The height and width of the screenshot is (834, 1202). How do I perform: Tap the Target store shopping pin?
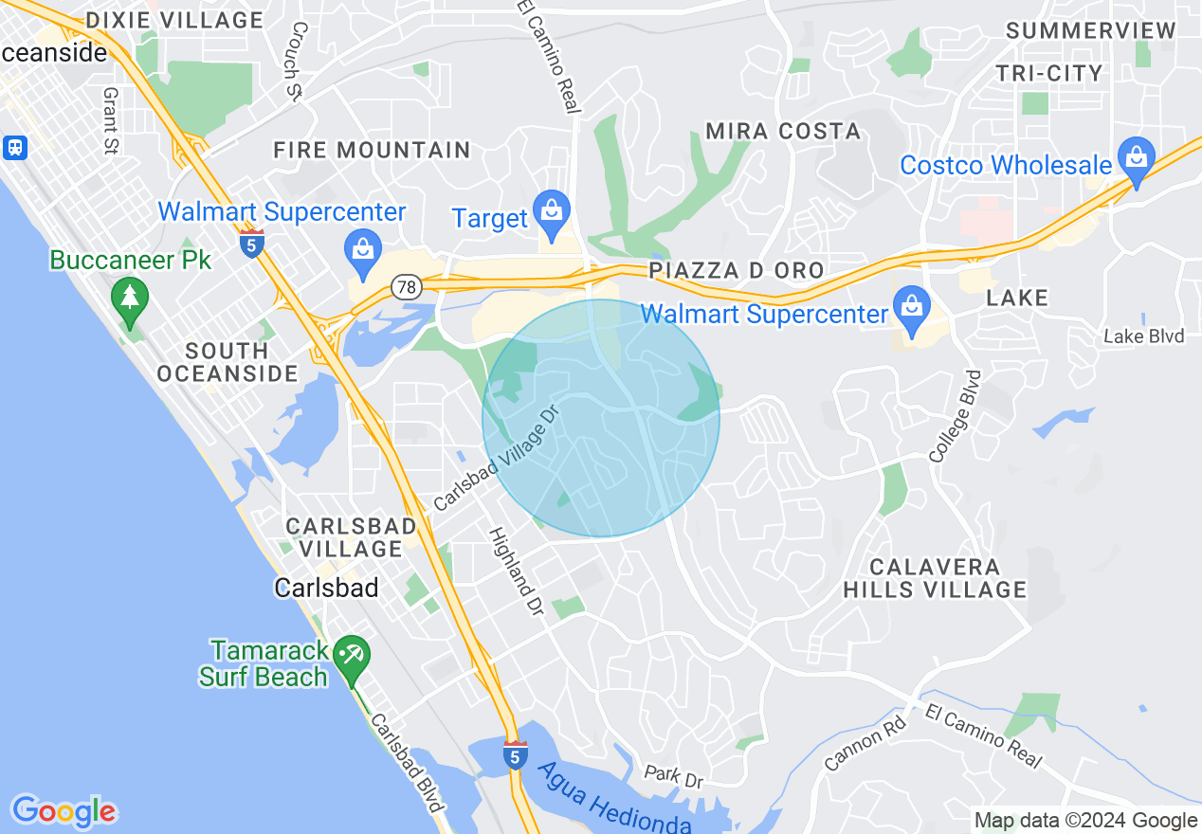550,210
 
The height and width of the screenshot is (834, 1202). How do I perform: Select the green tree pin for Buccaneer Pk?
130,298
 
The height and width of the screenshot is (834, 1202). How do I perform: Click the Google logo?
64,811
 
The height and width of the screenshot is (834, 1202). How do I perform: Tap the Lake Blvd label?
1143,336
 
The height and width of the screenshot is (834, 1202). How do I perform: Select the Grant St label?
110,121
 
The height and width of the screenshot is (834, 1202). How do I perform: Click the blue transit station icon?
15,147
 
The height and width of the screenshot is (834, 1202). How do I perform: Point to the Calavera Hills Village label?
935,578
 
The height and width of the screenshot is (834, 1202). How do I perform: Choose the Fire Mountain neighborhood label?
372,150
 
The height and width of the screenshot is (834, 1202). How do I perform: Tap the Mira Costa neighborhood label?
782,132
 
